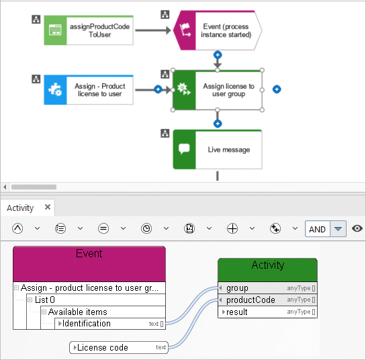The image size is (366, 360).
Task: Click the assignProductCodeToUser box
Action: (89, 30)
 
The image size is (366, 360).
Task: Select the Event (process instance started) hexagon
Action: (218, 30)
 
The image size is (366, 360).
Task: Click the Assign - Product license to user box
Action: (89, 90)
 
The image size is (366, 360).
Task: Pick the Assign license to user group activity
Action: (218, 90)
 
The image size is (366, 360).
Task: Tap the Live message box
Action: (218, 149)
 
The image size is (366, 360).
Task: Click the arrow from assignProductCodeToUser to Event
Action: (153, 30)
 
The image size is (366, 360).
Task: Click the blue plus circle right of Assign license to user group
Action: (277, 89)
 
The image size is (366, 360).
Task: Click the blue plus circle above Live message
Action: (218, 124)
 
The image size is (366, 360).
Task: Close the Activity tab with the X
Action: (48, 207)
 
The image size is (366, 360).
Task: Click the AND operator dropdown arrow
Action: (338, 229)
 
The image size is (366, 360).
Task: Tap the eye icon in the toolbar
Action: (357, 228)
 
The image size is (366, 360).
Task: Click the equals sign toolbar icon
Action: (103, 228)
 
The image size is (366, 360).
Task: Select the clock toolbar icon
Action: (146, 228)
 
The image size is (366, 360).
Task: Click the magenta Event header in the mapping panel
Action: (89, 264)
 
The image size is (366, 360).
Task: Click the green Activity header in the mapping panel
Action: (267, 270)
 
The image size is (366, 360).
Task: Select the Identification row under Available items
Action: (110, 324)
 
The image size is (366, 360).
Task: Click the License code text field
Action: (119, 348)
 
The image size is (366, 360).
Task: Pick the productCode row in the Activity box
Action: (267, 300)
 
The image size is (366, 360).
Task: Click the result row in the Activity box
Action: (267, 312)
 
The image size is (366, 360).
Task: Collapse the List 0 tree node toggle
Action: (30, 300)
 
